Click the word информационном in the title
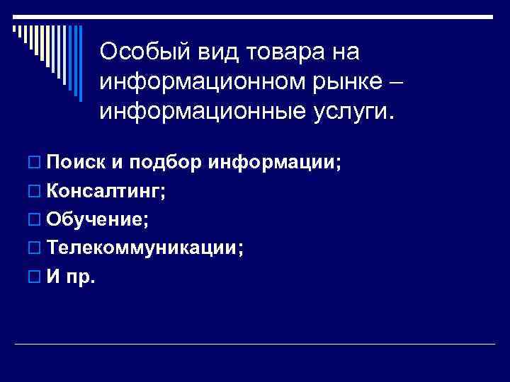point(194,82)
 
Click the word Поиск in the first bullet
point(74,163)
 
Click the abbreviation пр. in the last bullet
point(80,277)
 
